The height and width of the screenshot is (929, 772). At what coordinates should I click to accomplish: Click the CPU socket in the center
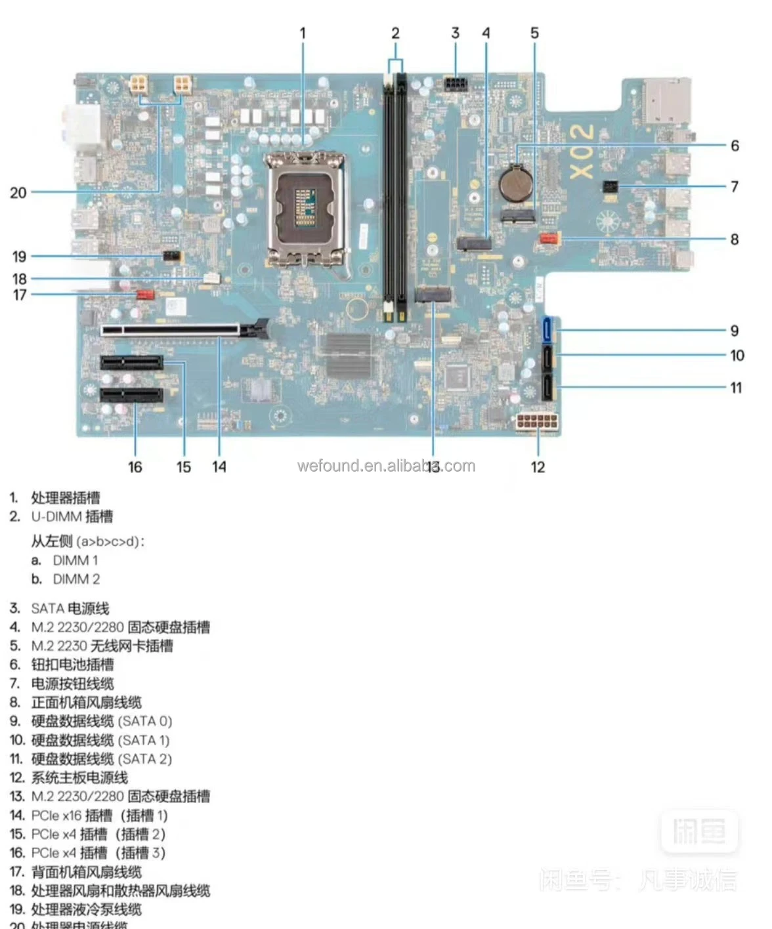[305, 208]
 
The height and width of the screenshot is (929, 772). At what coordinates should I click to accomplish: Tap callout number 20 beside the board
[18, 193]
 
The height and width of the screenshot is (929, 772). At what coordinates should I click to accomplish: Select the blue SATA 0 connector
[547, 330]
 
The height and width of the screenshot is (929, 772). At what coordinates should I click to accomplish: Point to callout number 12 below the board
[538, 467]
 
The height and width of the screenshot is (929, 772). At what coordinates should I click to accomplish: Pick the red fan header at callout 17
[145, 294]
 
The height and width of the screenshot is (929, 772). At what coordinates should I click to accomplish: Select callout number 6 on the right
[735, 146]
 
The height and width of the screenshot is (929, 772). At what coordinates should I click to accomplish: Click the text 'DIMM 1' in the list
[75, 560]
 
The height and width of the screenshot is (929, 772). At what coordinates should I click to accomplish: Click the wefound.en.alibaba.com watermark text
[386, 466]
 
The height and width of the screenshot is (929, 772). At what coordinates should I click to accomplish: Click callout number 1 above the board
[303, 33]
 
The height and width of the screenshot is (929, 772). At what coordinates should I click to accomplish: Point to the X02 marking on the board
[582, 152]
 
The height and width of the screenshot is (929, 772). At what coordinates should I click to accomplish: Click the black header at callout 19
[173, 256]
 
